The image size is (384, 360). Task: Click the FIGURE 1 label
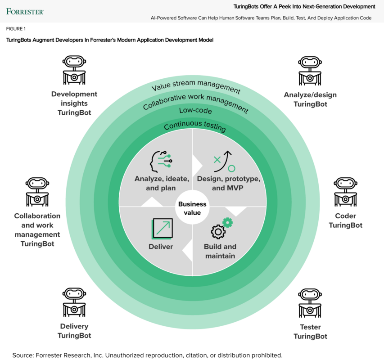tap(16, 29)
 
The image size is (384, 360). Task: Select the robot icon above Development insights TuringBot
tap(74, 70)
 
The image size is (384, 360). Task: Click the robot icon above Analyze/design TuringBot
tap(310, 70)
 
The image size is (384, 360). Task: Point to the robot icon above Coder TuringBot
tap(345, 192)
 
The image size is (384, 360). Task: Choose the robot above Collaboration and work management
tap(37, 192)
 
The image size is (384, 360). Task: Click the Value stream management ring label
tap(196, 88)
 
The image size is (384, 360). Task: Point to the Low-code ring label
tap(195, 111)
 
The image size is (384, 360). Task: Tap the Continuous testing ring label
tap(194, 127)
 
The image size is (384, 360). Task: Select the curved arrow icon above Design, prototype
tap(224, 162)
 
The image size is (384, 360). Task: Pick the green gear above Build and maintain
tap(227, 222)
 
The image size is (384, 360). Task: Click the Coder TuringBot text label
tap(345, 220)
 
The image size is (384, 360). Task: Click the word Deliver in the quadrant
tap(161, 247)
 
